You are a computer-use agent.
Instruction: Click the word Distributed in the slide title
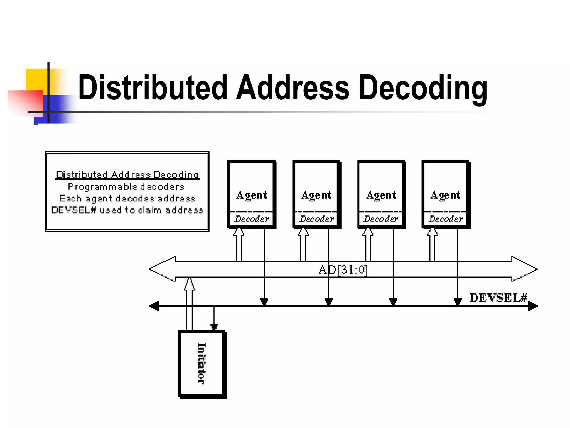point(153,88)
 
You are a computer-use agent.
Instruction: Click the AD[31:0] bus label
point(343,269)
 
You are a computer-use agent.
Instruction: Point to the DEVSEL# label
point(498,298)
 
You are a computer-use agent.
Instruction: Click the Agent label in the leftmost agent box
point(251,195)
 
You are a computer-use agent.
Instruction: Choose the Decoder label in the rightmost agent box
point(446,219)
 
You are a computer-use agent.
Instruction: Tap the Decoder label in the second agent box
point(316,219)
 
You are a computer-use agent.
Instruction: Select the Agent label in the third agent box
point(381,195)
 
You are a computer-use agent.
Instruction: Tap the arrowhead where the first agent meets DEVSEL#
point(264,302)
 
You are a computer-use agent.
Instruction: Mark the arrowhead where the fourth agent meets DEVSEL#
point(458,302)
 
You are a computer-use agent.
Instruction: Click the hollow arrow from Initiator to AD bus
point(189,304)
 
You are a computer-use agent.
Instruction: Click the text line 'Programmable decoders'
point(126,186)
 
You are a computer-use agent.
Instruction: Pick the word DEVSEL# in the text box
point(74,210)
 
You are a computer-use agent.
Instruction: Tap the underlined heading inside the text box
point(127,175)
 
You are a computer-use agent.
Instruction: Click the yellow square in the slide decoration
point(36,79)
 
